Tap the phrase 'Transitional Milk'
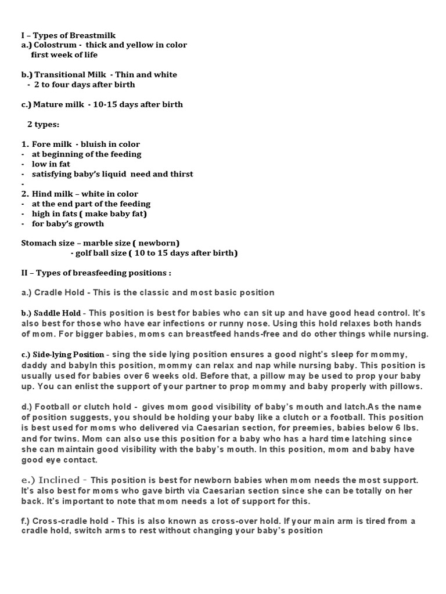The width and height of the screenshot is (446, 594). tap(69, 75)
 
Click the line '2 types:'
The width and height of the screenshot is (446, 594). tap(43, 124)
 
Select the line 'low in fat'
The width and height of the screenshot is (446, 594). tap(51, 164)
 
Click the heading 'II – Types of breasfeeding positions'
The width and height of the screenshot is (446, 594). tap(96, 273)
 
